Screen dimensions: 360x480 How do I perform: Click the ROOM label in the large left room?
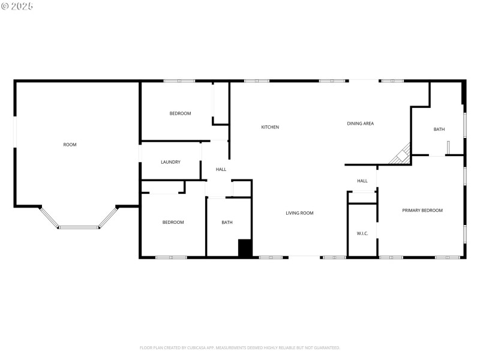click(x=70, y=145)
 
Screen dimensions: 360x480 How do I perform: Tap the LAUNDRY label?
click(x=171, y=162)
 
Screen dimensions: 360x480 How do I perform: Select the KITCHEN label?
click(x=270, y=127)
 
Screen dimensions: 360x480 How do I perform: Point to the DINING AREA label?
click(x=360, y=124)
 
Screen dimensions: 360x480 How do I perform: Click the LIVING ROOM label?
click(x=299, y=213)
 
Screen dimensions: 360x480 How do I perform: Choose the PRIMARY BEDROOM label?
click(x=422, y=210)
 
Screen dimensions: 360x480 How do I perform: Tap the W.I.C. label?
click(x=362, y=233)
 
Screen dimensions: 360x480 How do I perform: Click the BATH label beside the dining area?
click(x=439, y=130)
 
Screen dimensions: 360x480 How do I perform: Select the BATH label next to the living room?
click(x=227, y=223)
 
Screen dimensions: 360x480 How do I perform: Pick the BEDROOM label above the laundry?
click(x=180, y=113)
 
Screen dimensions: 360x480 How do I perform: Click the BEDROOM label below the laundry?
click(x=173, y=223)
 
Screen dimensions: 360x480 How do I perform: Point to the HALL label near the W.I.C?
click(x=362, y=181)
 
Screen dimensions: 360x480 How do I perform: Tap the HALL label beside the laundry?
click(x=221, y=169)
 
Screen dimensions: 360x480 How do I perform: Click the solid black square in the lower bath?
click(x=245, y=248)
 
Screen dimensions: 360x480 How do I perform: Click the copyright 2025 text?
click(x=17, y=6)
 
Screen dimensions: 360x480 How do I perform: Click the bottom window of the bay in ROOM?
click(x=78, y=227)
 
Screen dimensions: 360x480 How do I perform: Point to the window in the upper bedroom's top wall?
click(x=179, y=81)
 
